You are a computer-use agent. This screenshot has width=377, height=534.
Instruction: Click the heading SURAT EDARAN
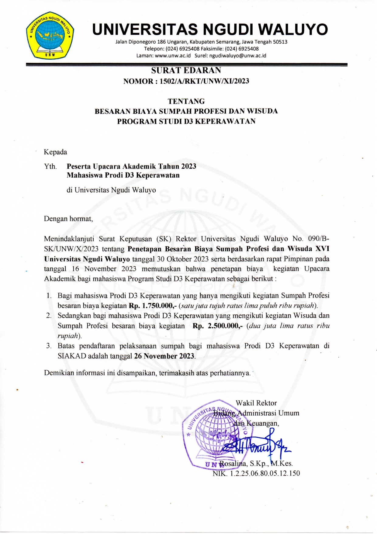click(186, 70)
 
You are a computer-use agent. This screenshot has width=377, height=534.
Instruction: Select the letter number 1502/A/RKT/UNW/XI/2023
click(204, 81)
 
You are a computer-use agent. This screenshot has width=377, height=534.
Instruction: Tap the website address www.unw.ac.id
click(173, 56)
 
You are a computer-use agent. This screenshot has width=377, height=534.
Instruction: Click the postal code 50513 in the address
click(280, 42)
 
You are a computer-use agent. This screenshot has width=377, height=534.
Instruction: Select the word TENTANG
click(186, 101)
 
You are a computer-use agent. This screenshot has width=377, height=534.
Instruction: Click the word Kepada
click(55, 152)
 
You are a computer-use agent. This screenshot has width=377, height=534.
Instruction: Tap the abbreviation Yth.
click(50, 166)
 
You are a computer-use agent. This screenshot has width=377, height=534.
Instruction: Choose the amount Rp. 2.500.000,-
click(217, 326)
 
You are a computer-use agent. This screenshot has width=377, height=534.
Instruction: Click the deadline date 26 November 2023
click(164, 356)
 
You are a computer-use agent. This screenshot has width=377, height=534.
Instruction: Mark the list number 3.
click(48, 346)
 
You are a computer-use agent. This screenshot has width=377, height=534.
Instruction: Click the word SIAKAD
click(72, 356)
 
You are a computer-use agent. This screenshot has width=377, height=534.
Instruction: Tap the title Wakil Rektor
click(256, 403)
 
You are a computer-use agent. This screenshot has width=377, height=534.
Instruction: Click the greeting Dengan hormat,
click(68, 218)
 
